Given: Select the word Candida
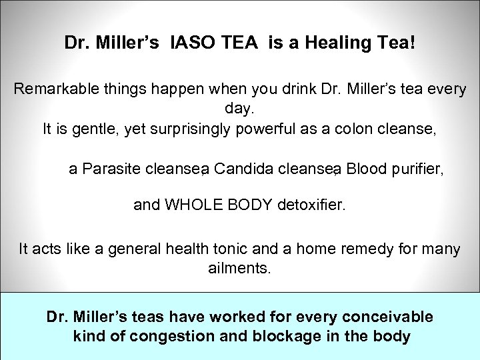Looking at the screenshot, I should click(x=243, y=169).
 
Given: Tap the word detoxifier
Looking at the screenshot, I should click(x=311, y=205).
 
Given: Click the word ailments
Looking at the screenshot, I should click(x=239, y=268).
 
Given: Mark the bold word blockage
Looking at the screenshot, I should click(x=284, y=336).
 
